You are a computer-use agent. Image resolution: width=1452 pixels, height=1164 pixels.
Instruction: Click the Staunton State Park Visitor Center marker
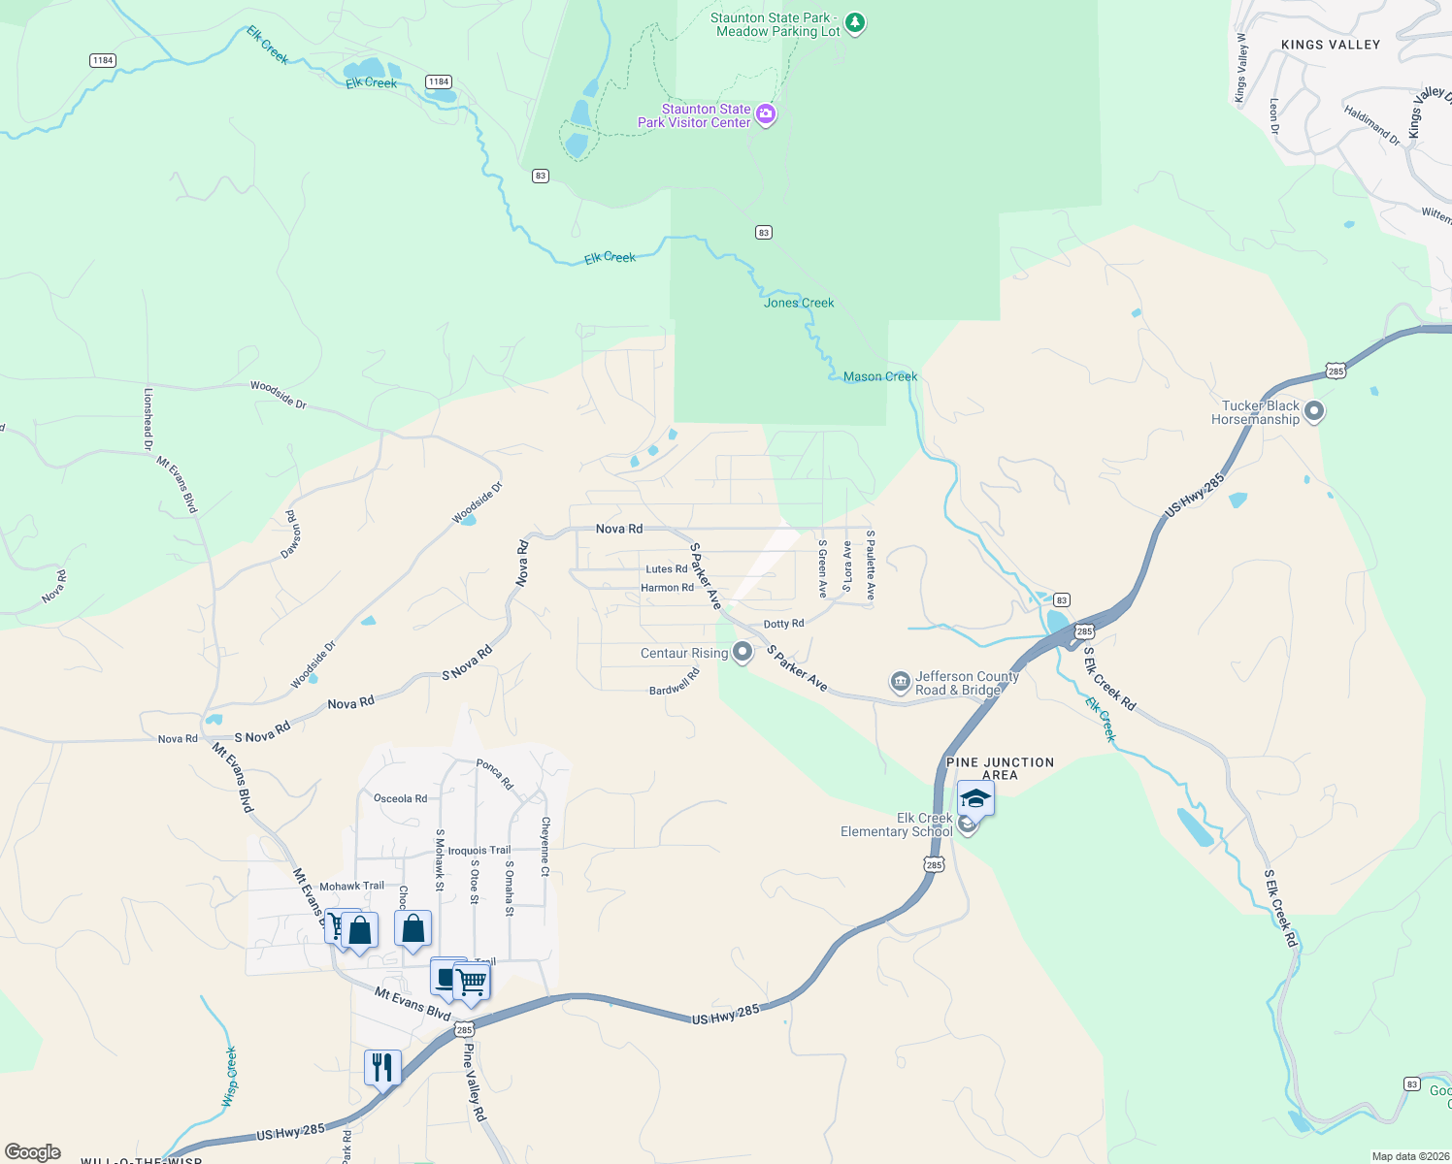(x=766, y=115)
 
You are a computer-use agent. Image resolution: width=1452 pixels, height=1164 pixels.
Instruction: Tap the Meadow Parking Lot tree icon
(x=855, y=22)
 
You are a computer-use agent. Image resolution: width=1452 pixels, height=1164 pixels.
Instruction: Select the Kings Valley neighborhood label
(x=1330, y=45)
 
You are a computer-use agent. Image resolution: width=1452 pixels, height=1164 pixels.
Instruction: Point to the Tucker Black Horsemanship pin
(x=1314, y=411)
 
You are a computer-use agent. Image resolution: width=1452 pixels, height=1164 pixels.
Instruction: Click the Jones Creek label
(x=799, y=303)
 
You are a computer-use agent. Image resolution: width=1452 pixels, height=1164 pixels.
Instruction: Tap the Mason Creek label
(x=879, y=376)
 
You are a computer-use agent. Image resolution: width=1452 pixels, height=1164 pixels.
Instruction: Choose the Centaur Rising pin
(x=742, y=652)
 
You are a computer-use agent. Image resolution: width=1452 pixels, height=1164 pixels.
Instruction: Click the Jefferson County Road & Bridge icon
(x=900, y=682)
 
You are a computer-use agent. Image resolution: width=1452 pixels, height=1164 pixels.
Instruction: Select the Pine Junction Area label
(x=1000, y=768)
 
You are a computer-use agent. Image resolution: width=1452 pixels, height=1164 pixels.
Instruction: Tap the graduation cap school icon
(x=975, y=798)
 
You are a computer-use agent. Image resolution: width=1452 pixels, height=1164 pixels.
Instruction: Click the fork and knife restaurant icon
(x=382, y=1068)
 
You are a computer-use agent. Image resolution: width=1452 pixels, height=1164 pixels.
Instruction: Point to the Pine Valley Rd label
(x=474, y=1082)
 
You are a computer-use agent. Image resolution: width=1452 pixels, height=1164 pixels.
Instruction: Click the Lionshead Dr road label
(x=148, y=419)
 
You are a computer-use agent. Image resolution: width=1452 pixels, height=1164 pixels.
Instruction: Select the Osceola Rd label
(x=400, y=798)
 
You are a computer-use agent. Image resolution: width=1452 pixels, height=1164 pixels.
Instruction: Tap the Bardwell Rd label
(x=675, y=681)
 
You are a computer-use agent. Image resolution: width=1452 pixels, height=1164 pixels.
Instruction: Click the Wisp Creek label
(x=230, y=1077)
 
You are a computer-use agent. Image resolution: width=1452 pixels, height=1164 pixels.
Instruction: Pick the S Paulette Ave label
(x=871, y=565)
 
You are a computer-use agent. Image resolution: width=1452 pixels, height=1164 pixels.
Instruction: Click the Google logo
(x=32, y=1152)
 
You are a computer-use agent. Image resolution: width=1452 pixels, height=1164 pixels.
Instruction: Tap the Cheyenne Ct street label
(x=545, y=846)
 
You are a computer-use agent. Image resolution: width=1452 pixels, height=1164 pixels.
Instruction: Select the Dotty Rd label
(x=783, y=624)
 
